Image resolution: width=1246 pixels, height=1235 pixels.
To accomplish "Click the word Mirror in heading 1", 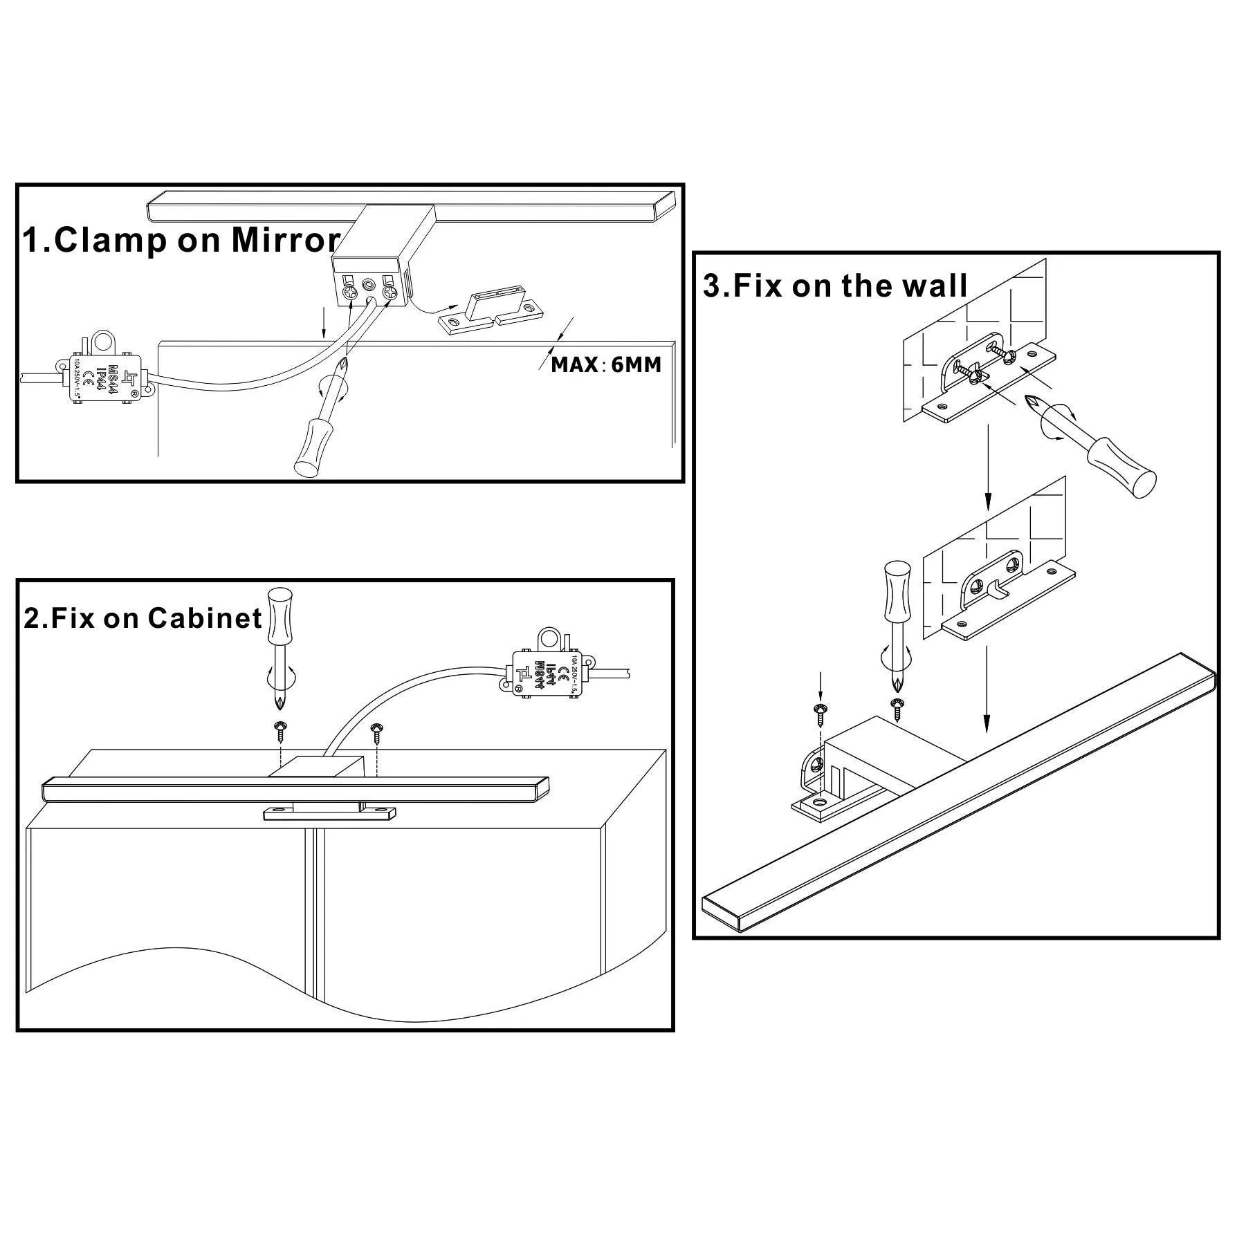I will pyautogui.click(x=286, y=240).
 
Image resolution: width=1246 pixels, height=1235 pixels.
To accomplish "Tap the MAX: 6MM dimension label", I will pyautogui.click(x=606, y=364).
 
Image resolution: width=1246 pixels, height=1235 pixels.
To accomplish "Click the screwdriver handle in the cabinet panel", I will pyautogui.click(x=280, y=614).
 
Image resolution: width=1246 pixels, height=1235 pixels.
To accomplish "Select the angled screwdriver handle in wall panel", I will pyautogui.click(x=1122, y=467).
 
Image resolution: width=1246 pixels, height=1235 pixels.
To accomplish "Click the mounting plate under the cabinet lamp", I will pyautogui.click(x=328, y=813).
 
